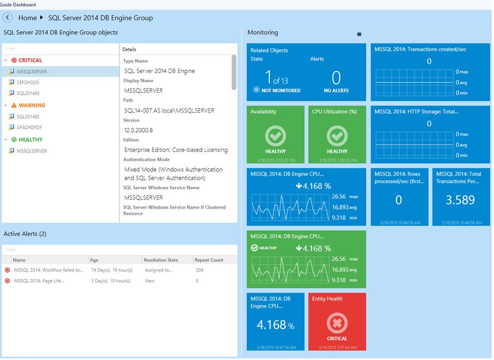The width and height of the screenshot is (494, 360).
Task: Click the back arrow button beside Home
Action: (8, 18)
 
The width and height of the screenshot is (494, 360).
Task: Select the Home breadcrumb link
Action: (27, 18)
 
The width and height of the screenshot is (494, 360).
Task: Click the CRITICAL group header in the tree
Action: (30, 60)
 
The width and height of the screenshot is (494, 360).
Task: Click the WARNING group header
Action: (31, 105)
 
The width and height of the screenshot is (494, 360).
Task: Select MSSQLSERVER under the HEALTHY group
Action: (31, 151)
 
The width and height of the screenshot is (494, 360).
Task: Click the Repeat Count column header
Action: (209, 260)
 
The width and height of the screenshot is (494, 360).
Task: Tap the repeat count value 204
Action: (200, 270)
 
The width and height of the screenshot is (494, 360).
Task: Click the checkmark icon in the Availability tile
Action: (276, 136)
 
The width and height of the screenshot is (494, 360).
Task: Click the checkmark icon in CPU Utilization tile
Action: (337, 136)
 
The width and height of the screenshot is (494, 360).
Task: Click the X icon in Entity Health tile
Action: (337, 323)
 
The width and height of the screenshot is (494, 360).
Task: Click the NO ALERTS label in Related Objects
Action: (336, 90)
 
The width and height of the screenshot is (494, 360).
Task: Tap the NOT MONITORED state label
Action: (280, 90)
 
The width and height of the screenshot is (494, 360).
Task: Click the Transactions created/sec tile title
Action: (420, 49)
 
